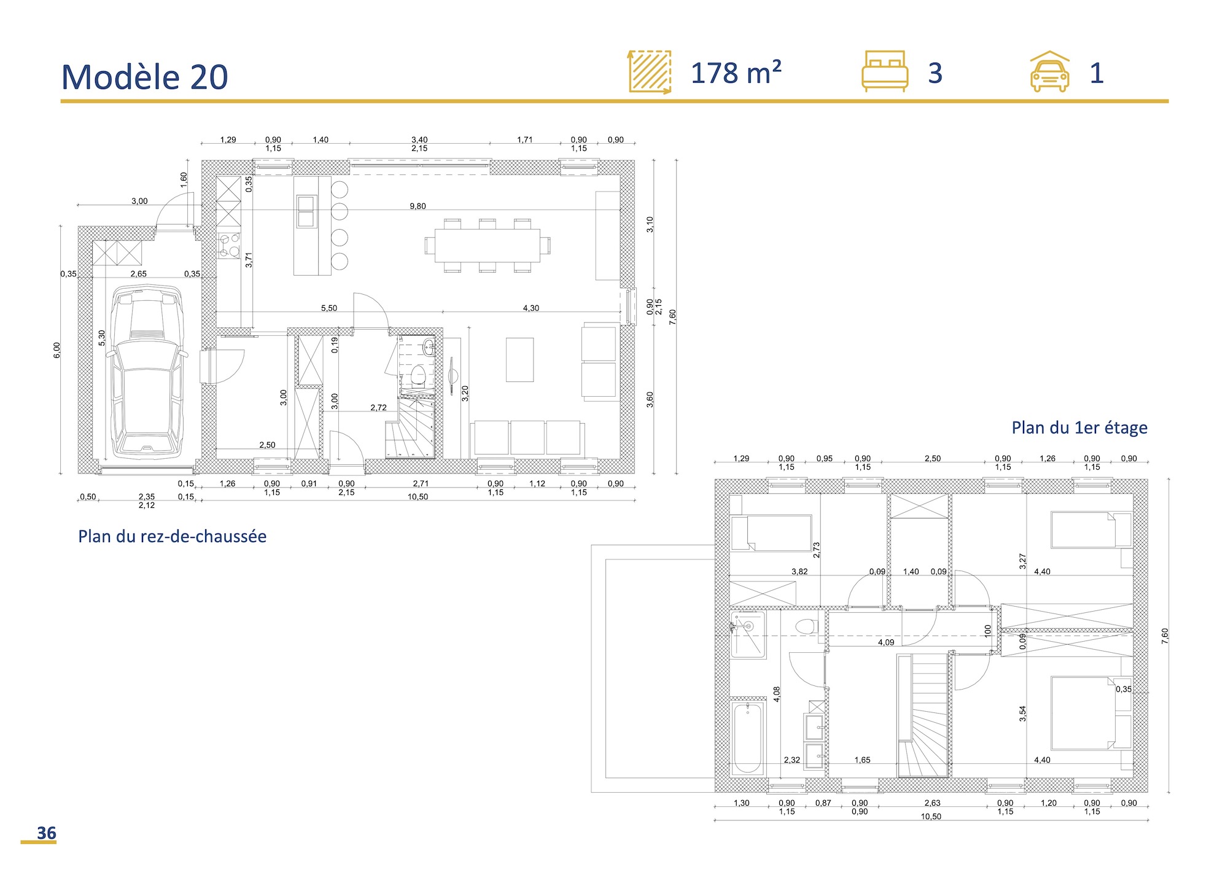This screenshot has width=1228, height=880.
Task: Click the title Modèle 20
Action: [145, 77]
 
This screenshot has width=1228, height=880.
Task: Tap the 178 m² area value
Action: [736, 74]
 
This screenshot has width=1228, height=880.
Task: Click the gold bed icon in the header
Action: [884, 71]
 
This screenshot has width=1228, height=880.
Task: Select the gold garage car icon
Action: [1049, 72]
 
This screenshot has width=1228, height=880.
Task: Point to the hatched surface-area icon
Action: [650, 72]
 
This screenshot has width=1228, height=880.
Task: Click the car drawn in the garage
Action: [146, 372]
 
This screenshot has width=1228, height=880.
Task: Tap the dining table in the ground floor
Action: [487, 245]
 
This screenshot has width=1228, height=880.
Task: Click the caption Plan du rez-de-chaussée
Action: [172, 536]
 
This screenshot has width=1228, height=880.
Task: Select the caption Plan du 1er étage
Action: [1079, 427]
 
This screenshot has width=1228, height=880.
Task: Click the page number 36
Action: [46, 833]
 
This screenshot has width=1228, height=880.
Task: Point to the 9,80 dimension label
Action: [418, 206]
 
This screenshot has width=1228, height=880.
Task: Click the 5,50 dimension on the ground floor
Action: [329, 308]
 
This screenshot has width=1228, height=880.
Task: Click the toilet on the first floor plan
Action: [806, 627]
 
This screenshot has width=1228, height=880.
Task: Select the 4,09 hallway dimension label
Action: [885, 642]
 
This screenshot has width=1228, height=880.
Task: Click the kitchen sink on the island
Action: [306, 211]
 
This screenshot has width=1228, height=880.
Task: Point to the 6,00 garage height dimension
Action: [56, 350]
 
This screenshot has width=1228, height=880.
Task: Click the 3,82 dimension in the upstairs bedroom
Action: [799, 572]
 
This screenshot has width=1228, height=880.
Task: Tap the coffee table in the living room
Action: [519, 360]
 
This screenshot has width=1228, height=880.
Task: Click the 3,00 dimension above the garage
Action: [139, 201]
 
